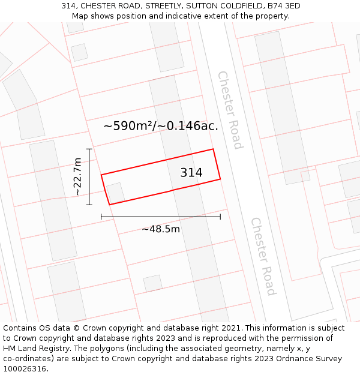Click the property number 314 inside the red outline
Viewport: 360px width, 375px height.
pos(191,173)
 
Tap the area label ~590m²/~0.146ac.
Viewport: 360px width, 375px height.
pos(161,126)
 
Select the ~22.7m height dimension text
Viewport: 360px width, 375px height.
pos(77,176)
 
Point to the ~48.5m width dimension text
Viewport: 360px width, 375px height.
pos(161,229)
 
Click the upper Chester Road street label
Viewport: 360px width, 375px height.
pos(230,110)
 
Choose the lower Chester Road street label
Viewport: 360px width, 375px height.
pos(263,256)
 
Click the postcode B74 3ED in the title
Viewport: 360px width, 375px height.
pos(284,6)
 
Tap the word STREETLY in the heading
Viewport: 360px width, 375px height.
pos(163,6)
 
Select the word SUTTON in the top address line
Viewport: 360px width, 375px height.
pos(199,6)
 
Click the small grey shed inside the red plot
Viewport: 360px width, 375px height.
pos(116,193)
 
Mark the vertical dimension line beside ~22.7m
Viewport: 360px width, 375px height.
pos(89,177)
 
